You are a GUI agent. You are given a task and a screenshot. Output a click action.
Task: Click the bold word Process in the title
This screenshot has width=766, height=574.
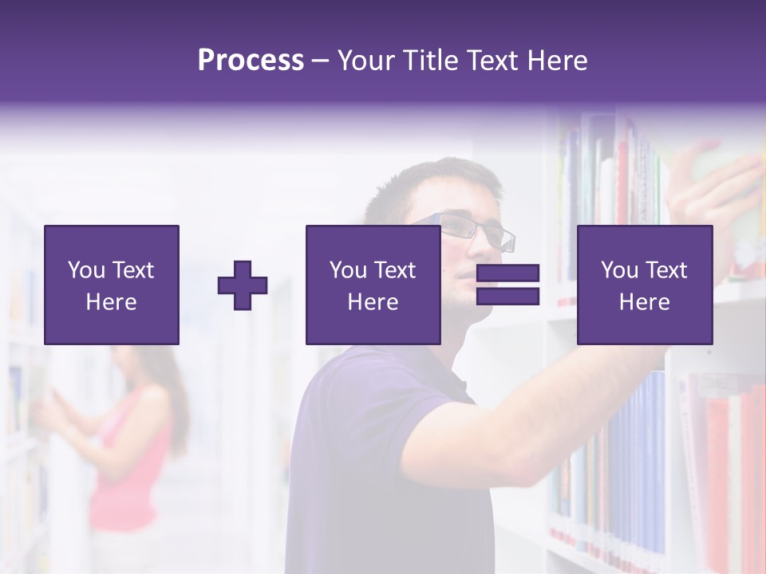tap(251, 61)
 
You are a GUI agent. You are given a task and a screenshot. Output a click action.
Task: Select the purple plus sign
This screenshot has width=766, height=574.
tap(243, 285)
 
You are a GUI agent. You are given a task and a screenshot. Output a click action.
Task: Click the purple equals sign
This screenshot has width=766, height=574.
tap(507, 285)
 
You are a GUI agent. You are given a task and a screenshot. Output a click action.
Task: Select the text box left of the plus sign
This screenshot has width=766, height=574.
tap(112, 285)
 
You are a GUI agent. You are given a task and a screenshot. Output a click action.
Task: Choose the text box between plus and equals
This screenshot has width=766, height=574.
tap(373, 285)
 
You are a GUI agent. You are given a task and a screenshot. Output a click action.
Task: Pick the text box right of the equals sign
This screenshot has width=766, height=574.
tap(645, 285)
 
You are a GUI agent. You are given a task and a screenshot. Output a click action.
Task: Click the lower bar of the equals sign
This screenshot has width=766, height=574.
tap(507, 297)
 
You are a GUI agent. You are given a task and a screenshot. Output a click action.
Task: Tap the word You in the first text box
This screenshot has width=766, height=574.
tap(86, 270)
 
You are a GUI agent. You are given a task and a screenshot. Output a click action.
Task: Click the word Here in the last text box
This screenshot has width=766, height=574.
tap(644, 302)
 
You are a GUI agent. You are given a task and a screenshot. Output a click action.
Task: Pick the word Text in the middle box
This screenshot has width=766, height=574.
tap(393, 270)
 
